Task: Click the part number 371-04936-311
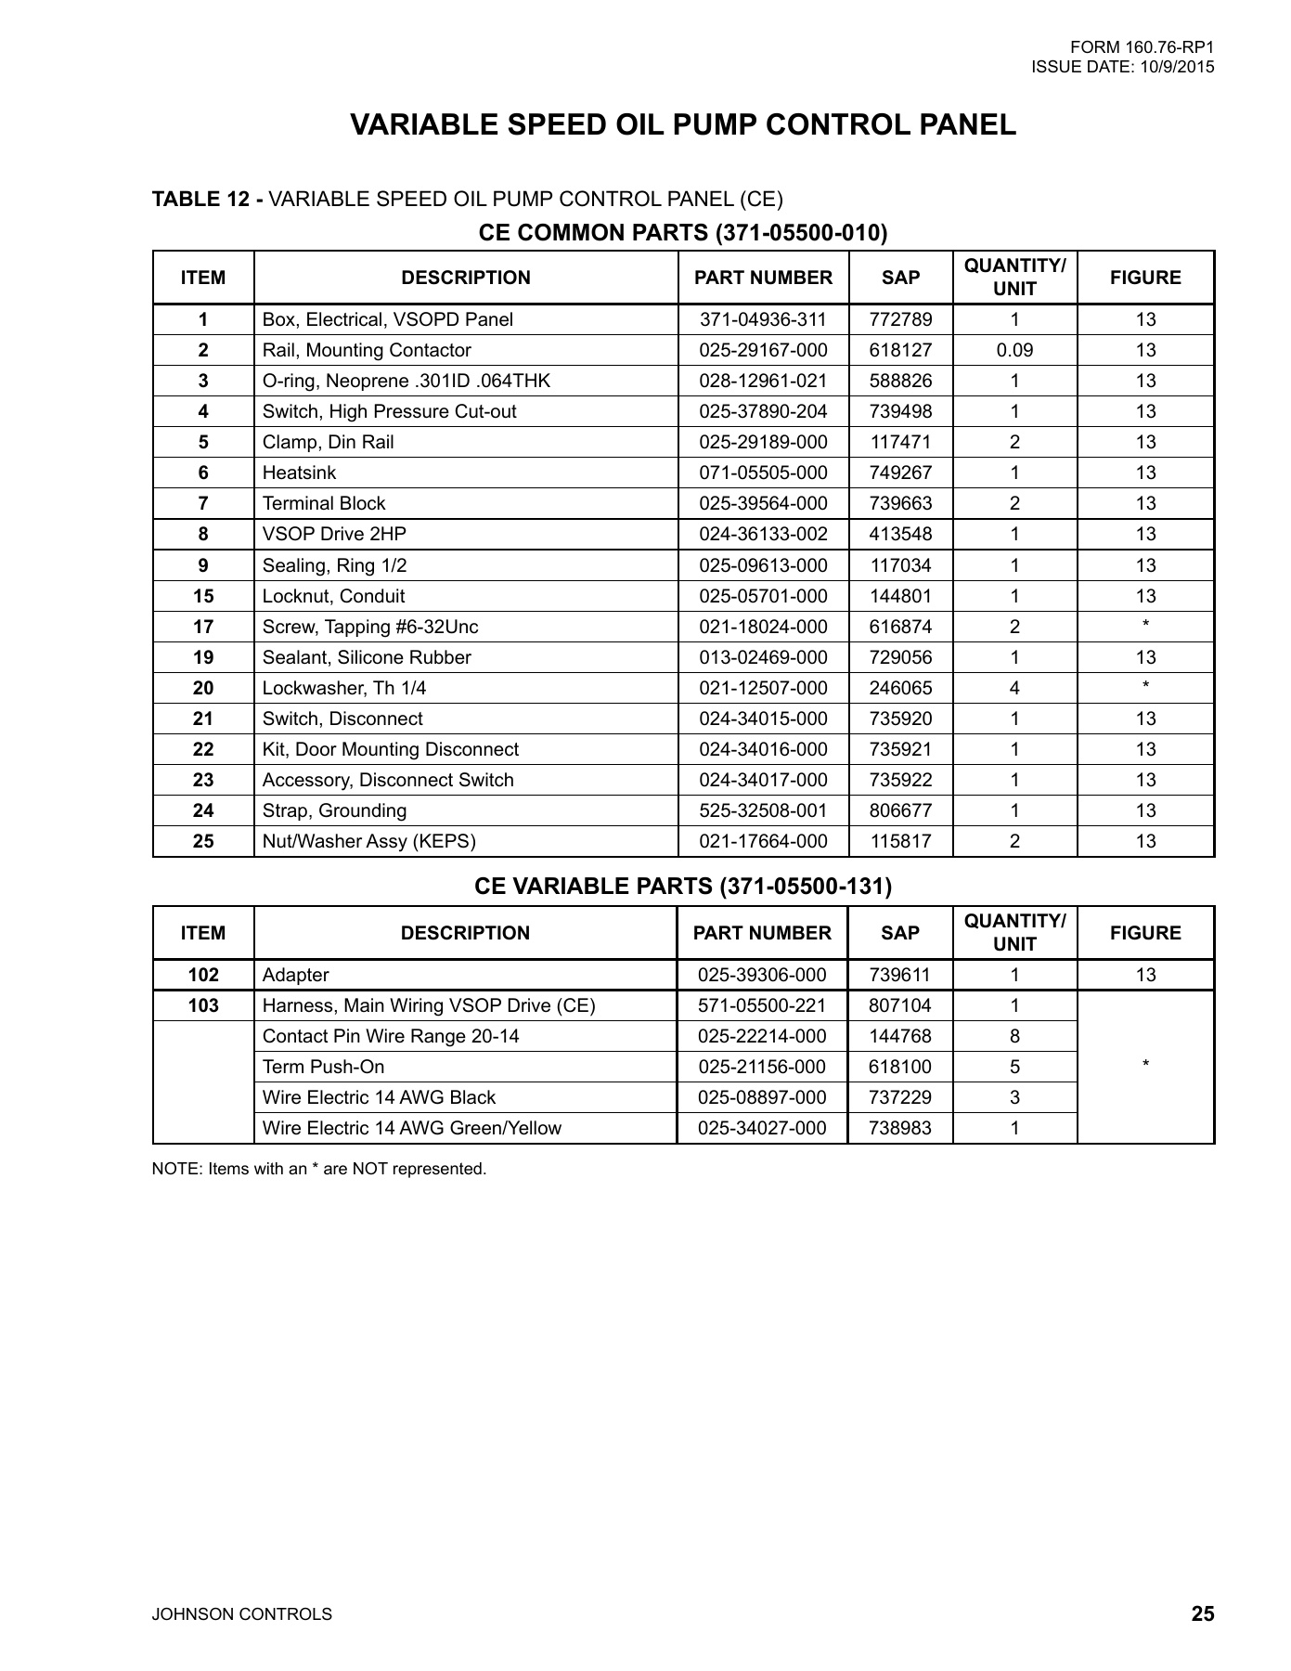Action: pyautogui.click(x=762, y=319)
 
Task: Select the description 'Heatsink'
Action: pyautogui.click(x=299, y=473)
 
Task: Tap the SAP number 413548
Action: pyautogui.click(x=900, y=534)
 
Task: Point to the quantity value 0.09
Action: pyautogui.click(x=1014, y=350)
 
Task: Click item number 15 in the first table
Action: pyautogui.click(x=203, y=596)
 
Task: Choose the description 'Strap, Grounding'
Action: pyautogui.click(x=334, y=810)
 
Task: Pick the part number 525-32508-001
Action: pyautogui.click(x=762, y=810)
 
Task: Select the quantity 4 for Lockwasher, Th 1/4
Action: pyautogui.click(x=1014, y=688)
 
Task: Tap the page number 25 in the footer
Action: pyautogui.click(x=1203, y=1613)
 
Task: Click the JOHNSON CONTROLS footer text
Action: pyautogui.click(x=241, y=1614)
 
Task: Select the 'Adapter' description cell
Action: pyautogui.click(x=295, y=975)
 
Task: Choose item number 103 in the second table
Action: pyautogui.click(x=203, y=1005)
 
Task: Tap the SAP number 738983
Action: pyautogui.click(x=900, y=1128)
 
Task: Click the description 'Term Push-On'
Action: pyautogui.click(x=323, y=1067)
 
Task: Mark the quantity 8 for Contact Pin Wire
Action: pyautogui.click(x=1014, y=1036)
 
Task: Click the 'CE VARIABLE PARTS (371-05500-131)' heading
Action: pyautogui.click(x=683, y=886)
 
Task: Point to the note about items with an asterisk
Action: pyautogui.click(x=319, y=1169)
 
